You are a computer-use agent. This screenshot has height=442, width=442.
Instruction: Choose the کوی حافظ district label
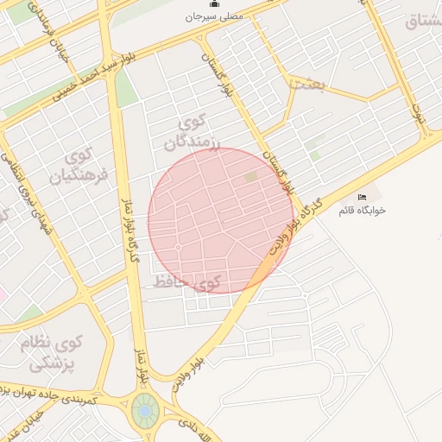coord(186,281)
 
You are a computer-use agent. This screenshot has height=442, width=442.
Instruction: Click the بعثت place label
coord(307,84)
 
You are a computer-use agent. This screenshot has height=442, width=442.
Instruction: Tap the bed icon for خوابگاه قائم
coord(361,198)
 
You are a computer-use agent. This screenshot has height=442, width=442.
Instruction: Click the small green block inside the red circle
coord(251,177)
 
